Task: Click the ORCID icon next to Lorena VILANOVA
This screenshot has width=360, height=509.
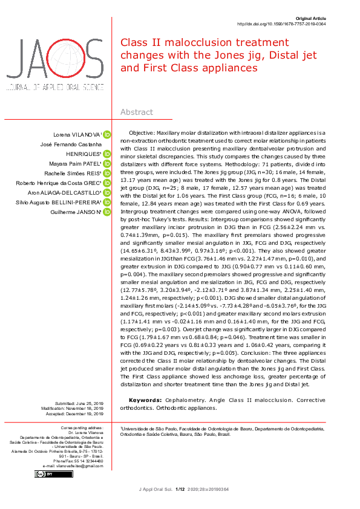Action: [x=106, y=134]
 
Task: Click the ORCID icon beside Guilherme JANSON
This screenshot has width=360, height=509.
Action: [x=106, y=212]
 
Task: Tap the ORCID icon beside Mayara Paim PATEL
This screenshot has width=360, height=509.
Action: [x=106, y=163]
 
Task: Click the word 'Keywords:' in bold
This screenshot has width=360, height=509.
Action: [x=145, y=400]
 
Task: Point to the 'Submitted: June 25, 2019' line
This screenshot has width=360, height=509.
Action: [x=79, y=403]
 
